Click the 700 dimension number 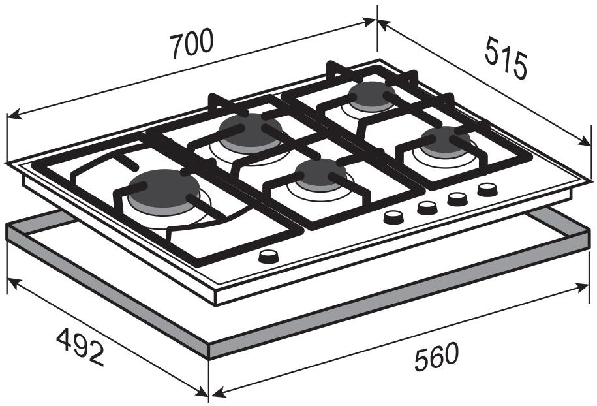[191, 44]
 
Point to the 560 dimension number [436, 356]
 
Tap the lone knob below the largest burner [268, 257]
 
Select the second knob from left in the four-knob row [427, 208]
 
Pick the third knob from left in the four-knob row [457, 199]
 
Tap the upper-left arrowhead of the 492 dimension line [11, 282]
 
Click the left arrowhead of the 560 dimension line [214, 394]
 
